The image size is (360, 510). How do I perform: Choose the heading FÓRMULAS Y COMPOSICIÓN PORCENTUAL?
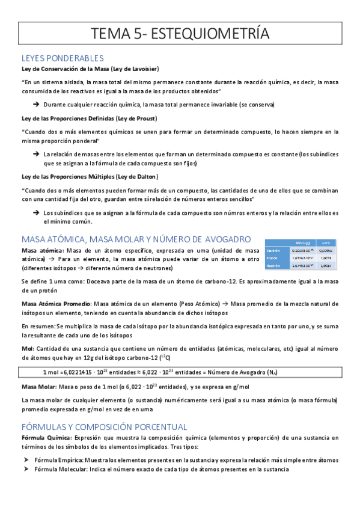[x=104, y=426]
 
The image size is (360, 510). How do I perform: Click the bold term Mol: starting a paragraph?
[x=28, y=348]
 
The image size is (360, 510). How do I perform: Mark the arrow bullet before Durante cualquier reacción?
[x=36, y=105]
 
